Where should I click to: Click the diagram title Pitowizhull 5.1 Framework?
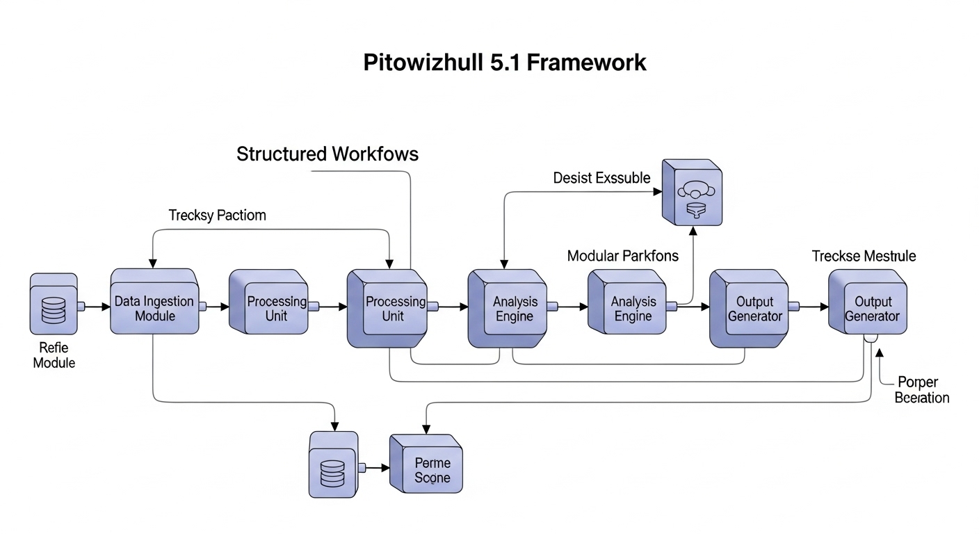click(505, 63)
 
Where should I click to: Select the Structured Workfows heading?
click(327, 154)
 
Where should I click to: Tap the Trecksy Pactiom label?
click(217, 215)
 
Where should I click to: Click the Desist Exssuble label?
click(601, 178)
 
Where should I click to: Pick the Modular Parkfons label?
click(622, 256)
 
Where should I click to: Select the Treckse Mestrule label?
click(864, 256)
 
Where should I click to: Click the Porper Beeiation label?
click(921, 390)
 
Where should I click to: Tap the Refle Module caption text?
click(54, 355)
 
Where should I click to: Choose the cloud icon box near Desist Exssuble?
click(692, 193)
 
